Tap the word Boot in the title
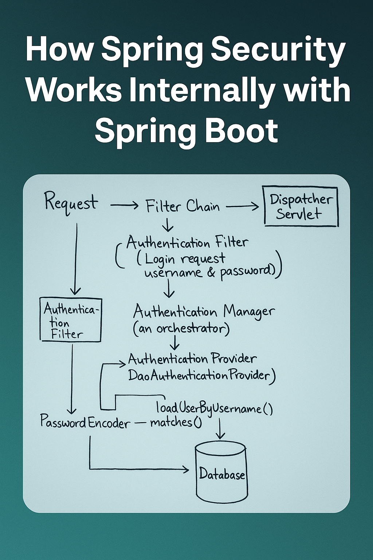click(x=242, y=130)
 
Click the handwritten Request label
click(x=71, y=203)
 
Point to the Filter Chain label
click(x=182, y=206)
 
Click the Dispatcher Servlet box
click(x=301, y=207)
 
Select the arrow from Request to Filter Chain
click(x=124, y=206)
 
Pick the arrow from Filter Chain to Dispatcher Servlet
click(x=242, y=207)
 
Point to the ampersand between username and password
click(x=211, y=273)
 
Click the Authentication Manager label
click(x=204, y=312)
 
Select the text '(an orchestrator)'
click(x=181, y=329)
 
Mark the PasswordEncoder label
click(x=85, y=422)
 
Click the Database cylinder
click(x=221, y=472)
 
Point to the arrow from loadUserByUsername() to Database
click(x=220, y=429)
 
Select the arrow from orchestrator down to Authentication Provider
click(x=175, y=343)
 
